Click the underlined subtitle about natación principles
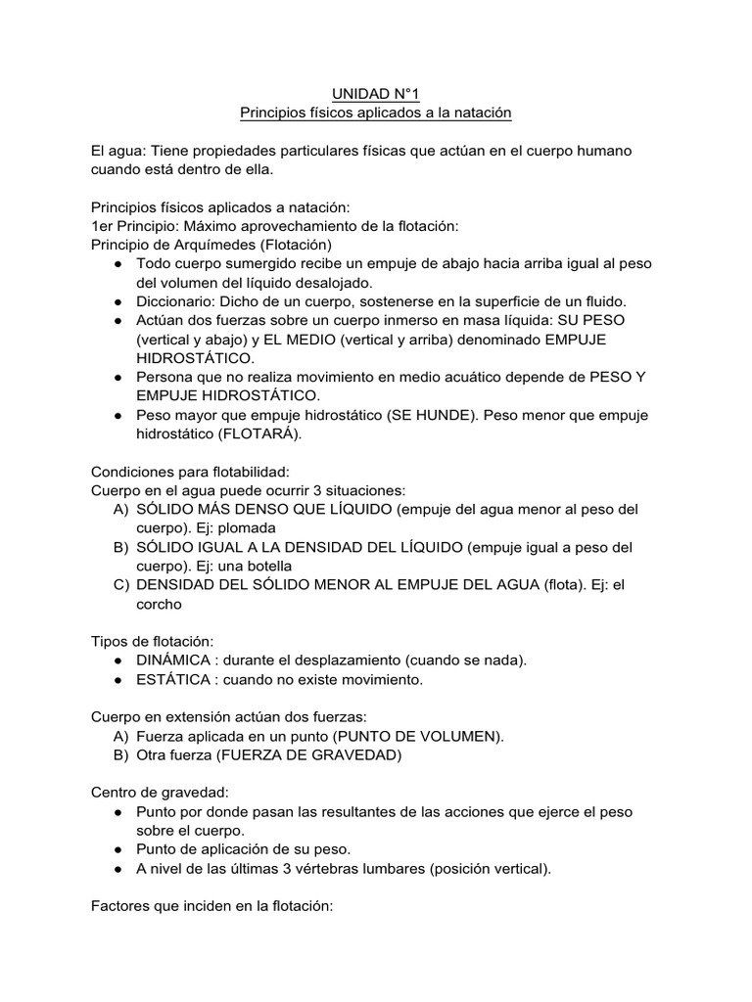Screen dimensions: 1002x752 point(376,114)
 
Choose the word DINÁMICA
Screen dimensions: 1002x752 point(174,660)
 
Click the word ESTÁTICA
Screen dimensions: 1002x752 point(171,679)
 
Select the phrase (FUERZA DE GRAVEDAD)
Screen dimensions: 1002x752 point(307,754)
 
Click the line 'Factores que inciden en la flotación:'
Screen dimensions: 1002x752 point(212,906)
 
